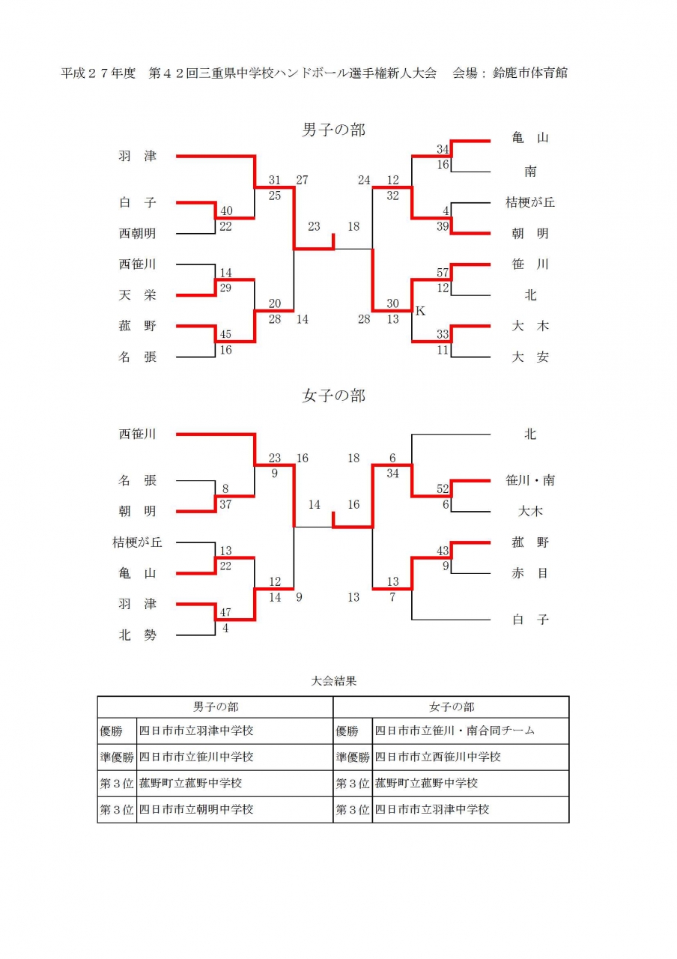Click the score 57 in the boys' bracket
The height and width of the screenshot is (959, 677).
(x=442, y=272)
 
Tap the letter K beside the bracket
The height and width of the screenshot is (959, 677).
(x=420, y=311)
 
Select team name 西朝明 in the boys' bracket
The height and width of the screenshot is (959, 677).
(x=137, y=233)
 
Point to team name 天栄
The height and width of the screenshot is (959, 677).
(x=137, y=295)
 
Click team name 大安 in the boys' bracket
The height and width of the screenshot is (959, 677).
(x=529, y=357)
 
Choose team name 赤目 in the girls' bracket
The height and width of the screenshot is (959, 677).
(x=529, y=573)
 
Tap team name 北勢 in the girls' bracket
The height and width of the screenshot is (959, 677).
(x=137, y=635)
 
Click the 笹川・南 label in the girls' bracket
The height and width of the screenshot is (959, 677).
(x=529, y=480)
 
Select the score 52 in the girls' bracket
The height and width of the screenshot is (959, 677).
(x=442, y=488)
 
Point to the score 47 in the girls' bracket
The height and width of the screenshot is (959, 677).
(x=225, y=612)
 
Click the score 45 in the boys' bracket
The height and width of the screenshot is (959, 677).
(x=225, y=334)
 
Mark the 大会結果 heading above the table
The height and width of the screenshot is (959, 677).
(x=333, y=681)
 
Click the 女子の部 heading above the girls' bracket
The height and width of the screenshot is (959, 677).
(x=333, y=396)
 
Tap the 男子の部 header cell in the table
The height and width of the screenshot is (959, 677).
(x=216, y=707)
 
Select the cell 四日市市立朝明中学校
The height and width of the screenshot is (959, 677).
(x=196, y=809)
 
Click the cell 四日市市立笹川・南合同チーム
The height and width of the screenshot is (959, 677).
(x=455, y=730)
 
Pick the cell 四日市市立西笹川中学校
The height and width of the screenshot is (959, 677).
(x=437, y=757)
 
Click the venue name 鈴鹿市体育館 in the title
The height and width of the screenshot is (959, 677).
(x=529, y=73)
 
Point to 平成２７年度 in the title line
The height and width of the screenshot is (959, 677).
(x=98, y=73)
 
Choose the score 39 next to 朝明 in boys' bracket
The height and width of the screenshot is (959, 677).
(x=442, y=226)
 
